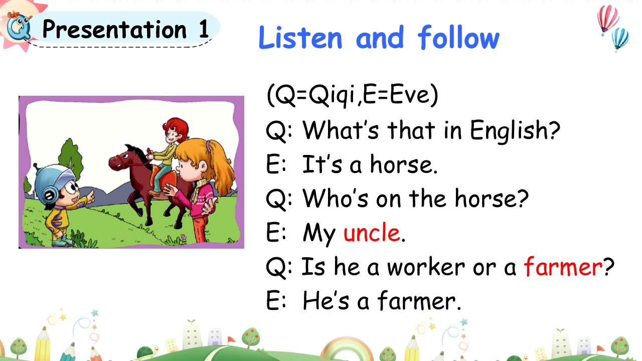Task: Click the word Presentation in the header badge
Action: (x=114, y=29)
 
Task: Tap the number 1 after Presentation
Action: (x=204, y=29)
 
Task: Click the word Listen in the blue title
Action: (x=300, y=38)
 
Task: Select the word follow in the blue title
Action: (x=458, y=37)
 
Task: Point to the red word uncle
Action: (x=372, y=232)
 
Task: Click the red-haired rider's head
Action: (x=176, y=130)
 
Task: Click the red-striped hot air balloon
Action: (x=607, y=19)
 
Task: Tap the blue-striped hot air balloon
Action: (x=620, y=39)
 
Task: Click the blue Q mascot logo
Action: (x=19, y=27)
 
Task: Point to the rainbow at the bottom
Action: (x=346, y=348)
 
